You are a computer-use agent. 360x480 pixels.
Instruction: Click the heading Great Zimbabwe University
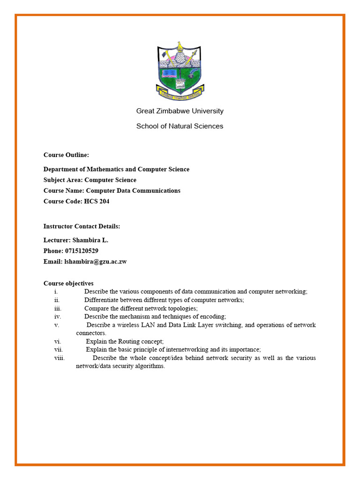[180, 111]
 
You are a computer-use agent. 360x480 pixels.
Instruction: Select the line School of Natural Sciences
[180, 126]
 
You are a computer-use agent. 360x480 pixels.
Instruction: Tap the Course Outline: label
[66, 155]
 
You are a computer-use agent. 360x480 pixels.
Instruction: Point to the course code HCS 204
[97, 202]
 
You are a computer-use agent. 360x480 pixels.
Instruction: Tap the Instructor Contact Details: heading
[82, 226]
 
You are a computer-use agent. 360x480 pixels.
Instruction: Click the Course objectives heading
[68, 284]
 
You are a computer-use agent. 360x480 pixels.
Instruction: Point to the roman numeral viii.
[60, 358]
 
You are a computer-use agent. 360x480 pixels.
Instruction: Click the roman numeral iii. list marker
[58, 308]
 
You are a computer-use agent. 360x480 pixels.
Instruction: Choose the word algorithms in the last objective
[149, 367]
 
